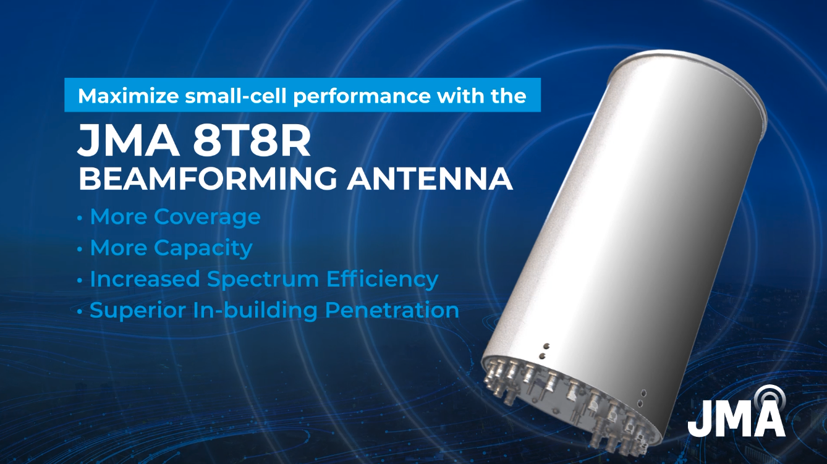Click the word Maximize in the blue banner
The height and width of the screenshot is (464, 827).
point(129,96)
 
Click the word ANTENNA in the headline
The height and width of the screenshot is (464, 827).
point(430,179)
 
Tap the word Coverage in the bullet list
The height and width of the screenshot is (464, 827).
point(207,217)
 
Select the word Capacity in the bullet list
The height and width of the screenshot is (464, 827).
point(203,248)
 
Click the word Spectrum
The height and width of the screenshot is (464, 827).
point(263,279)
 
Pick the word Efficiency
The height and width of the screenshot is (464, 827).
point(383,279)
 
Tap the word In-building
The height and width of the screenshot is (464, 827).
point(255,310)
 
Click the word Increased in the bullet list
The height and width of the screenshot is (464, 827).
point(145,279)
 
